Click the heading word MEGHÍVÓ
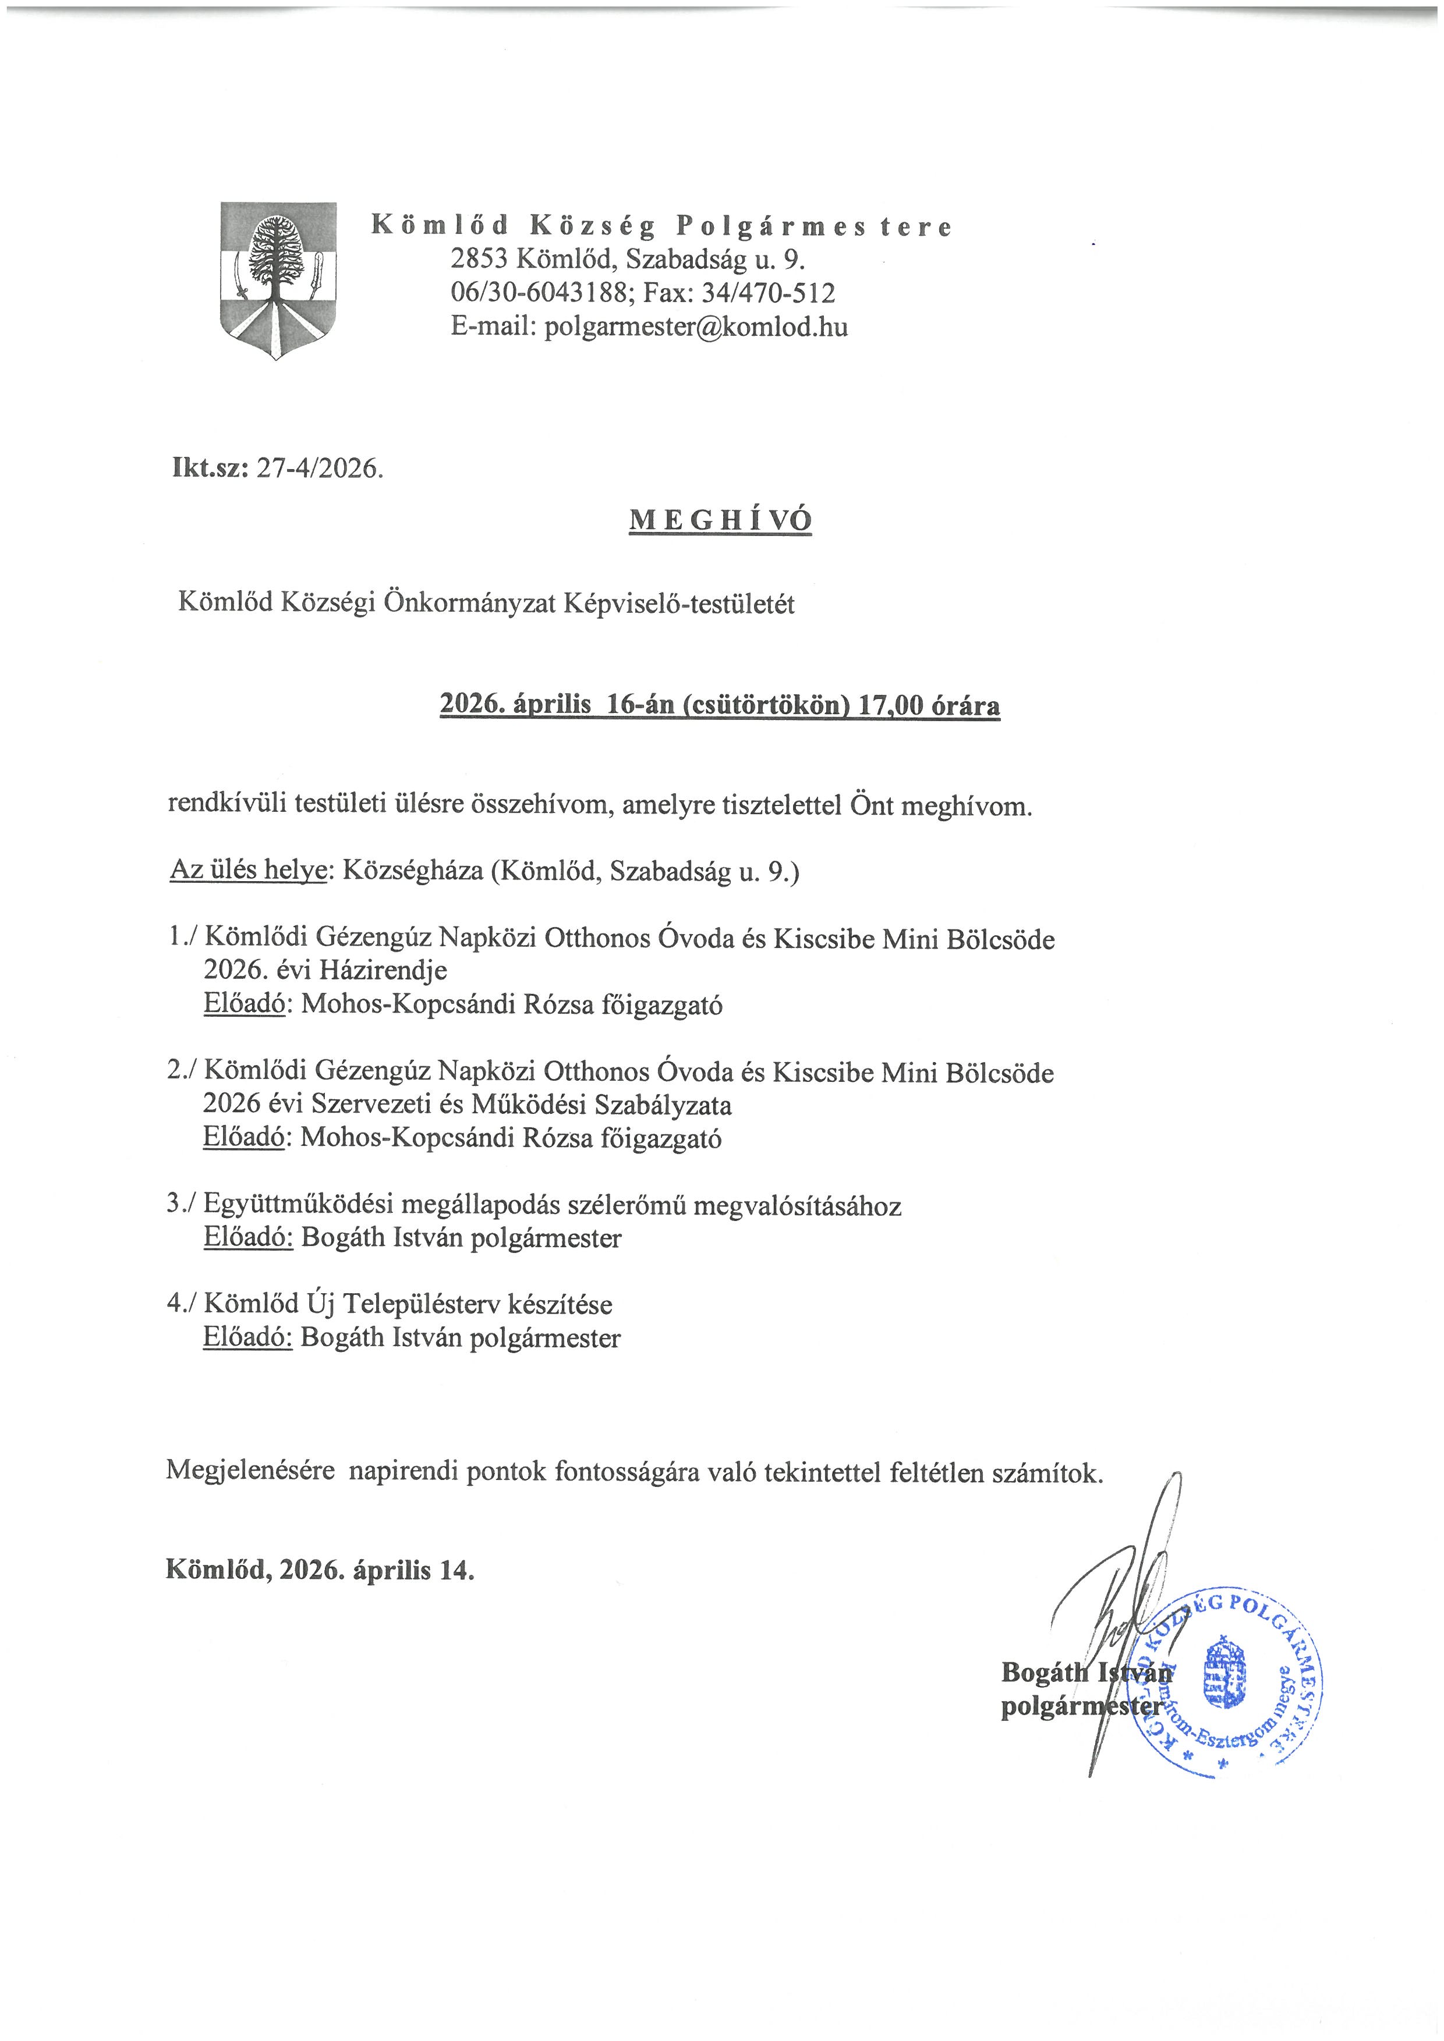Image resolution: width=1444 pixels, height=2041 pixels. coord(720,521)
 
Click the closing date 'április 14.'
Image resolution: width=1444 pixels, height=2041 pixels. coord(413,1570)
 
